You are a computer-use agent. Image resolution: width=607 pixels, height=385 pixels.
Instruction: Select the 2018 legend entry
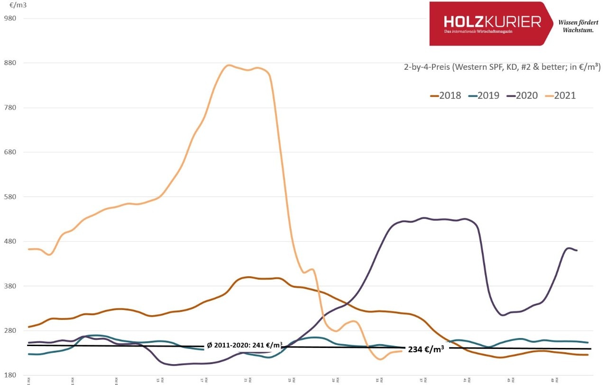(445, 95)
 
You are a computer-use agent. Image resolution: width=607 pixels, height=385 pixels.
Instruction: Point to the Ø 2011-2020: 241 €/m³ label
(245, 345)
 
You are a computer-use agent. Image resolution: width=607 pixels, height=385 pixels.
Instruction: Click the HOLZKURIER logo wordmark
(492, 22)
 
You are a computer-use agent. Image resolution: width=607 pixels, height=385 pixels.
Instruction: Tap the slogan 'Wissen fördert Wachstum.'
(578, 26)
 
